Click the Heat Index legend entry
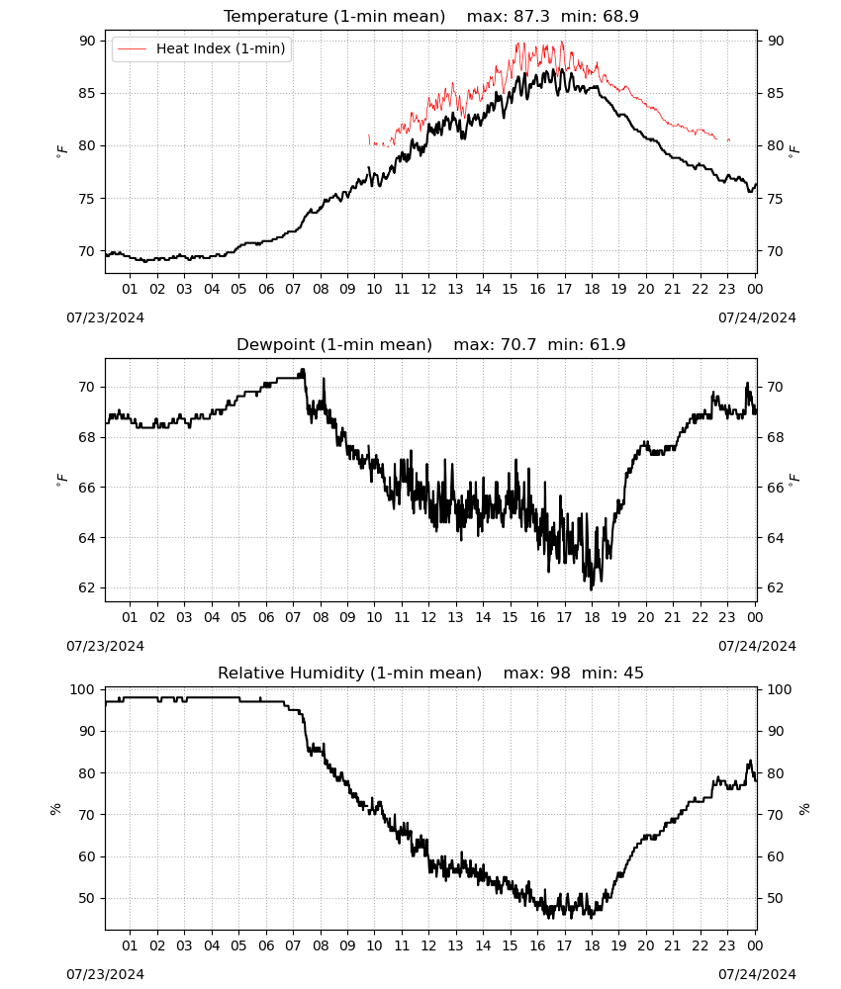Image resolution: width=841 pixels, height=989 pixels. coord(201,48)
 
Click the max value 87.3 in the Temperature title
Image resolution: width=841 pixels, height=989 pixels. coord(531,16)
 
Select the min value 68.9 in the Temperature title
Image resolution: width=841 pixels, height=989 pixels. coord(620,16)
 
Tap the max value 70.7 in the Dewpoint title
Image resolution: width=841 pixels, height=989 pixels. coord(518,344)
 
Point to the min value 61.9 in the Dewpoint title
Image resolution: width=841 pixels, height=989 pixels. coord(607,344)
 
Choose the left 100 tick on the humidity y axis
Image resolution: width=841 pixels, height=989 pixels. coord(83,690)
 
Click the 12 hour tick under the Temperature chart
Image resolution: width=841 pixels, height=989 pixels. coord(428,289)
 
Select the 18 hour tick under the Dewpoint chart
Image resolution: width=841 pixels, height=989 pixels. coord(592,617)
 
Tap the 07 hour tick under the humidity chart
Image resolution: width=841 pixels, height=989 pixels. coord(293,946)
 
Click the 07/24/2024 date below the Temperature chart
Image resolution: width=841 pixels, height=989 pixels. coord(757,317)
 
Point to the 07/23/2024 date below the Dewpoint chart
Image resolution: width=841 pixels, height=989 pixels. coord(105,647)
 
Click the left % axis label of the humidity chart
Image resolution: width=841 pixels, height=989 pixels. coord(55,809)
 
